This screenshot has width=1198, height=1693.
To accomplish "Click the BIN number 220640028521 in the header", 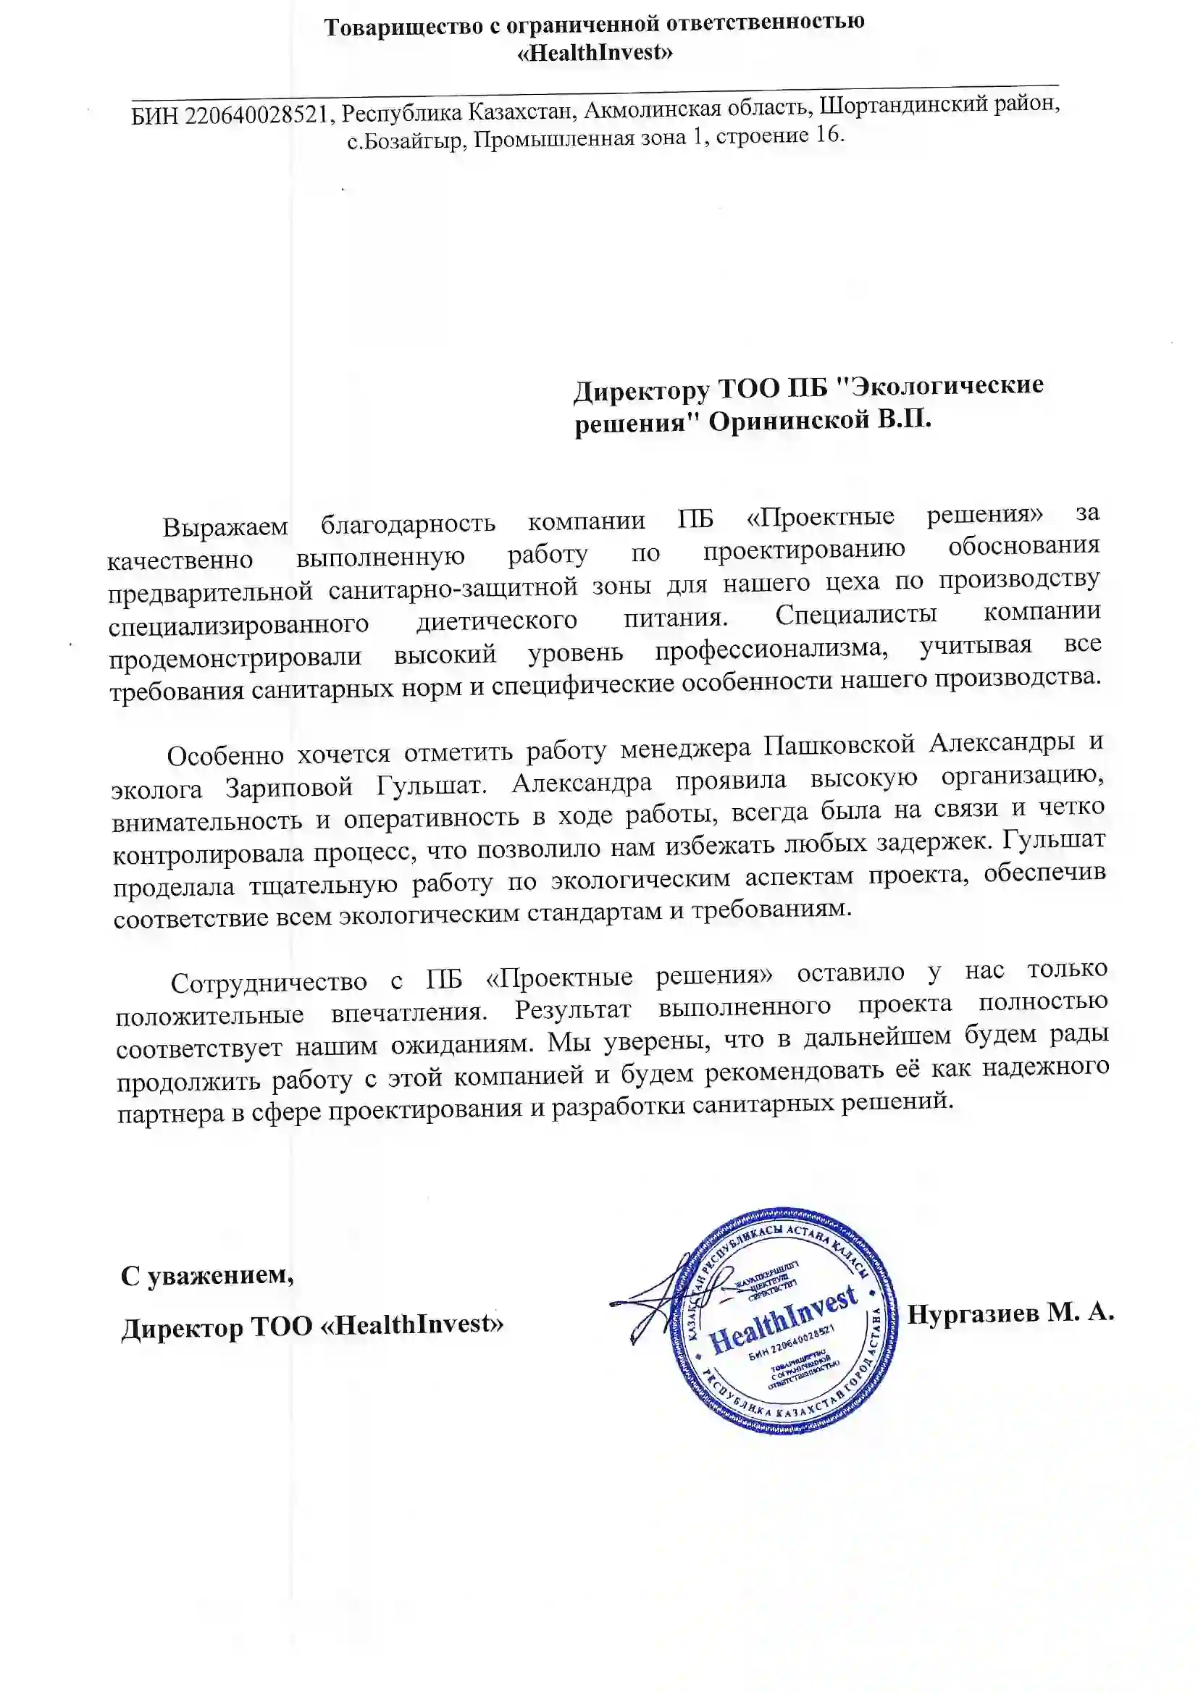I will (x=255, y=115).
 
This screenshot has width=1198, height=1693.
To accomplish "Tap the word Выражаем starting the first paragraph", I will (x=225, y=526).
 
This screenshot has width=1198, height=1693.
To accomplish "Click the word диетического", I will (x=496, y=621).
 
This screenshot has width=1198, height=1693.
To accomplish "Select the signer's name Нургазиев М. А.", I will (x=1010, y=1313).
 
